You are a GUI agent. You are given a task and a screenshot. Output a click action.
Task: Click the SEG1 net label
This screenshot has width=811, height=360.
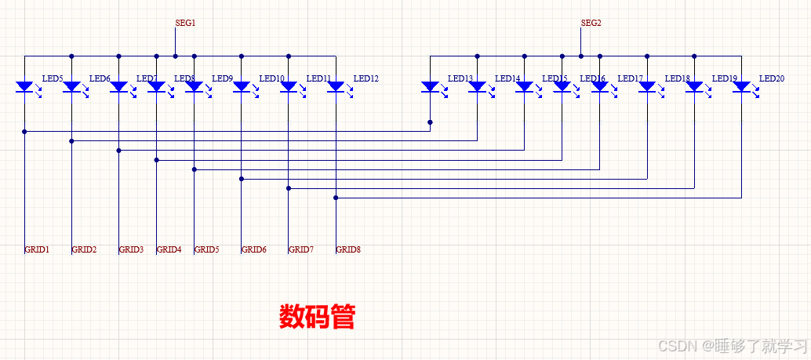(x=185, y=24)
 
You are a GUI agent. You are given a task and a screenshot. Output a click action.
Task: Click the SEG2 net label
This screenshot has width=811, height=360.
(x=591, y=24)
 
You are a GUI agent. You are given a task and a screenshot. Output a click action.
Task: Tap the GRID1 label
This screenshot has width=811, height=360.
(x=37, y=249)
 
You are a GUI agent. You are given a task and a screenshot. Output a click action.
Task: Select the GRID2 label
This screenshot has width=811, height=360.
(x=84, y=249)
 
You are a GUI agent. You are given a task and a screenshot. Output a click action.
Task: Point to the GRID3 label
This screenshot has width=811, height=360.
(x=131, y=249)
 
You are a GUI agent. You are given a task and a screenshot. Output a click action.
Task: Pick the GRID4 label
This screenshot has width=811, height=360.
(x=169, y=249)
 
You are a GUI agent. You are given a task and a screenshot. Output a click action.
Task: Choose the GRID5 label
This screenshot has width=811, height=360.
(x=206, y=249)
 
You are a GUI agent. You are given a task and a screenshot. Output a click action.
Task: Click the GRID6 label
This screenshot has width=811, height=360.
(x=253, y=249)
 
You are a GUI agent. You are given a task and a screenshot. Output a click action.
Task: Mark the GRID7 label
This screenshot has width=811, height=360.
(x=300, y=249)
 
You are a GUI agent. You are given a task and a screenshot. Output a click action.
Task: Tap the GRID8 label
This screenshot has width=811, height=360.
(x=348, y=249)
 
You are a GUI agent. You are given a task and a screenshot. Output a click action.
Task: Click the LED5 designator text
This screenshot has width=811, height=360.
(x=52, y=78)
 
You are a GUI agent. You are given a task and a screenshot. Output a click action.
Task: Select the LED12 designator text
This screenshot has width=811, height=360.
(x=365, y=78)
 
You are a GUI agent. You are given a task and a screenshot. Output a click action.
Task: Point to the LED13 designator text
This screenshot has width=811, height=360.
(x=460, y=78)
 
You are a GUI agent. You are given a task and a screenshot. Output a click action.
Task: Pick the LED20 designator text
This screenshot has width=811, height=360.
(x=771, y=78)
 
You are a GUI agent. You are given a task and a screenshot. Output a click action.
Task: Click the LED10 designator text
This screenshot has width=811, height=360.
(x=271, y=78)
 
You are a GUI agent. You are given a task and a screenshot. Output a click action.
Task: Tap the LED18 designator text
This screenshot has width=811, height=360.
(x=677, y=78)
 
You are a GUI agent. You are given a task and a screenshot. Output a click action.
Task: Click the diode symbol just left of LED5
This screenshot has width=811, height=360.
(x=24, y=86)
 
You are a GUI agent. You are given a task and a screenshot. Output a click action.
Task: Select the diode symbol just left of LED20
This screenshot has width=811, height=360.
(x=741, y=86)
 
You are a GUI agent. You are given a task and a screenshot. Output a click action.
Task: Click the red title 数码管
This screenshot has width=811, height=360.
(x=317, y=317)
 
